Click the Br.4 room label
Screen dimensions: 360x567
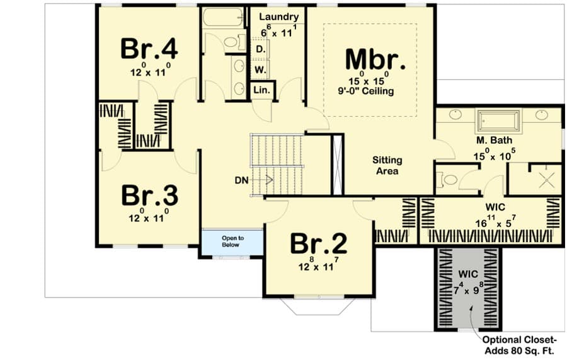[x=149, y=49]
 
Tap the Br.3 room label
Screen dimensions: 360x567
[x=149, y=195]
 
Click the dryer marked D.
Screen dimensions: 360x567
[x=259, y=49]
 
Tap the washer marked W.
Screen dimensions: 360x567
[x=259, y=68]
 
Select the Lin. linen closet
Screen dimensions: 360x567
[x=262, y=90]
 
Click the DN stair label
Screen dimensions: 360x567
[x=242, y=180]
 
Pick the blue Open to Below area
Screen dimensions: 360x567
[x=231, y=242]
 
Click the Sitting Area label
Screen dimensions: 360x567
[x=387, y=165]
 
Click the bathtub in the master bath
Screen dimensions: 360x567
[x=498, y=119]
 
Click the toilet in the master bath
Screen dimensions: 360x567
[x=449, y=180]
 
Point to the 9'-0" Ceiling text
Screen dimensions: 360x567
[x=374, y=91]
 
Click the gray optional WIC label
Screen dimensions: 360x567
[x=467, y=276]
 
